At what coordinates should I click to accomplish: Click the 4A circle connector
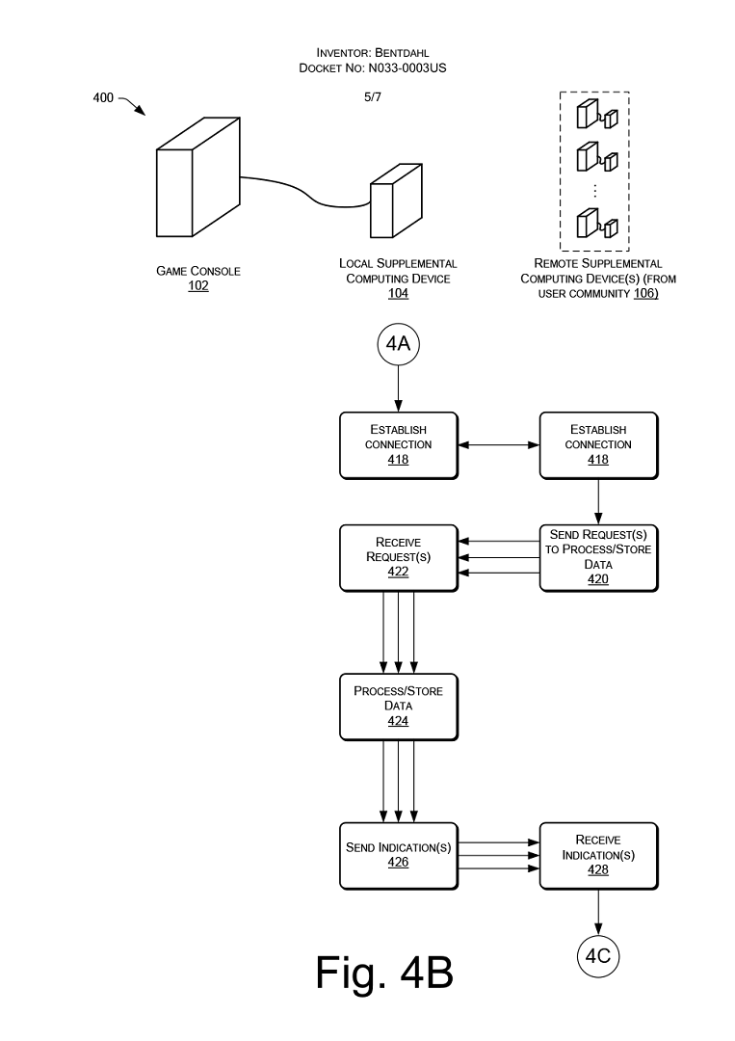tap(398, 344)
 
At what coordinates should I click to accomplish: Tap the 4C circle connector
tap(597, 955)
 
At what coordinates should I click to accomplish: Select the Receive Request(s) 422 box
tap(399, 558)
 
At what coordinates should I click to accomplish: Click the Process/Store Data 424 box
tap(399, 707)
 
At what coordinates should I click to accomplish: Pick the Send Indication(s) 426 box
tap(399, 856)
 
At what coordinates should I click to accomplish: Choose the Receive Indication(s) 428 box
tap(598, 856)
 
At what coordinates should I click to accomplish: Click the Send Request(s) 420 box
tap(598, 558)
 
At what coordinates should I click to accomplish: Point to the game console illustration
tap(198, 177)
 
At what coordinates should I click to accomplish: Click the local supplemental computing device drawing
tap(396, 200)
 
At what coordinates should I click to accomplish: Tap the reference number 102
tap(198, 285)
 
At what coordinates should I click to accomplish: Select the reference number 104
tap(398, 293)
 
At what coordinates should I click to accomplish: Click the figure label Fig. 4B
tap(384, 973)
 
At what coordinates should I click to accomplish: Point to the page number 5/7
tap(373, 97)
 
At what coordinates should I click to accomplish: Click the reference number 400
tap(103, 98)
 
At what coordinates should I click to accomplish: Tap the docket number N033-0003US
tap(407, 67)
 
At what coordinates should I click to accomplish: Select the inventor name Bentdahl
tap(402, 52)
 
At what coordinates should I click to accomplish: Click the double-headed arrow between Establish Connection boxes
tap(499, 444)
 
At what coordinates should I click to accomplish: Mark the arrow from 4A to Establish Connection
tap(398, 388)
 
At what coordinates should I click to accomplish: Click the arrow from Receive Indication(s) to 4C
tap(598, 912)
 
